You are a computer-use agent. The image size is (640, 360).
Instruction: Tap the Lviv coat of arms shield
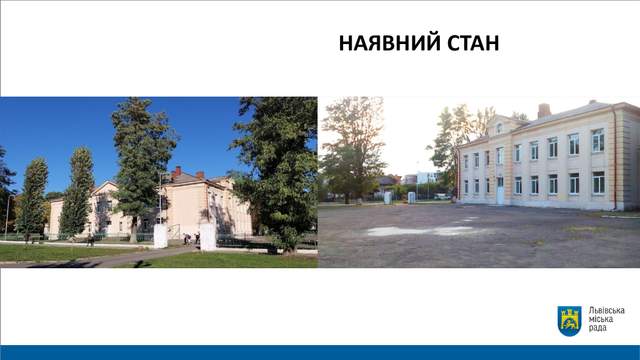tap(569, 321)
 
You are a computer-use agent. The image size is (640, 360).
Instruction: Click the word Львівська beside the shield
tap(606, 312)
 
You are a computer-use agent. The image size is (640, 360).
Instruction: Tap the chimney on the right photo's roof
tap(543, 110)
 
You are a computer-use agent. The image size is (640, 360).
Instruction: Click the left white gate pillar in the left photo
tap(160, 235)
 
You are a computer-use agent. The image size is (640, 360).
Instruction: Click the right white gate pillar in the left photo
tap(208, 236)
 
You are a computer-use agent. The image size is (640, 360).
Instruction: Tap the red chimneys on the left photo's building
tap(177, 172)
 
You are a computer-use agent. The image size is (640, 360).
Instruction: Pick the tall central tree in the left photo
tap(140, 160)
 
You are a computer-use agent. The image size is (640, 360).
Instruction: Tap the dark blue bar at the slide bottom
tap(320, 353)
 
